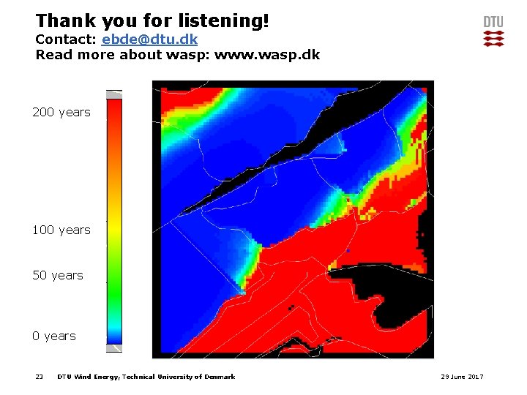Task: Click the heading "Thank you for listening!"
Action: (152, 20)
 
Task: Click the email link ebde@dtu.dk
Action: (149, 39)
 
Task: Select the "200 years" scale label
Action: (61, 112)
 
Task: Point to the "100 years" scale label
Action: (61, 230)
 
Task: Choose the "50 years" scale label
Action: (58, 275)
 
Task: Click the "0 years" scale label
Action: (54, 336)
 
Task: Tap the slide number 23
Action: (40, 377)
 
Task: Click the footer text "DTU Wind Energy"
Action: (88, 377)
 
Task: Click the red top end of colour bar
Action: (114, 106)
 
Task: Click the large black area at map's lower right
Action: (388, 293)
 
